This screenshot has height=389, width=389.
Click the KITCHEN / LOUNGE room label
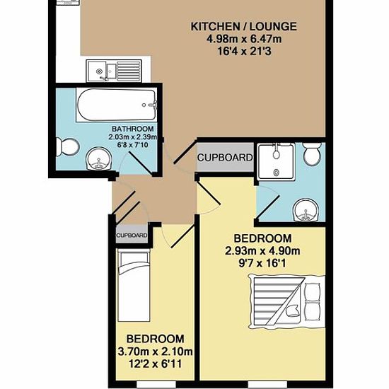pyautogui.click(x=243, y=27)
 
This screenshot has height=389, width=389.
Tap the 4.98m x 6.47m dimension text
pyautogui.click(x=244, y=39)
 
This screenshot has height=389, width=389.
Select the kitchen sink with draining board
pyautogui.click(x=114, y=71)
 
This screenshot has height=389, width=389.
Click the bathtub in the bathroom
pyautogui.click(x=117, y=105)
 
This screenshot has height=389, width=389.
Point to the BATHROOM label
pyautogui.click(x=133, y=129)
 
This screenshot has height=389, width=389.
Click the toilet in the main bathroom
pyautogui.click(x=67, y=147)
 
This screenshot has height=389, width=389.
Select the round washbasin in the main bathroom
pyautogui.click(x=99, y=158)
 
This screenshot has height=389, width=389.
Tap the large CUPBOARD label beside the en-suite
pyautogui.click(x=225, y=158)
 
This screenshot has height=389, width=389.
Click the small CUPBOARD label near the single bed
pyautogui.click(x=132, y=236)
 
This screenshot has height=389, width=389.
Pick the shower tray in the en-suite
pyautogui.click(x=276, y=161)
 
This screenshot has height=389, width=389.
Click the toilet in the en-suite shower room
pyautogui.click(x=313, y=154)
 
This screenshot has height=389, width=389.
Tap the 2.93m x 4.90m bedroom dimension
pyautogui.click(x=262, y=251)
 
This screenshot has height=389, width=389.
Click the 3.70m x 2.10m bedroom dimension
pyautogui.click(x=156, y=352)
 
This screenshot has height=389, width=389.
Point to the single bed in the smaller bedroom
pyautogui.click(x=134, y=286)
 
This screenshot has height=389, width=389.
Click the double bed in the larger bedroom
pyautogui.click(x=286, y=301)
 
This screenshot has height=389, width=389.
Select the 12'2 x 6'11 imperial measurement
pyautogui.click(x=156, y=364)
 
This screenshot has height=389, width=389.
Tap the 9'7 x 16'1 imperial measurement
pyautogui.click(x=262, y=263)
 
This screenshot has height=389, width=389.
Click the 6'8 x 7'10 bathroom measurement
pyautogui.click(x=133, y=144)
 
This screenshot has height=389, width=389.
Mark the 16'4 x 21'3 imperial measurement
pyautogui.click(x=244, y=52)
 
